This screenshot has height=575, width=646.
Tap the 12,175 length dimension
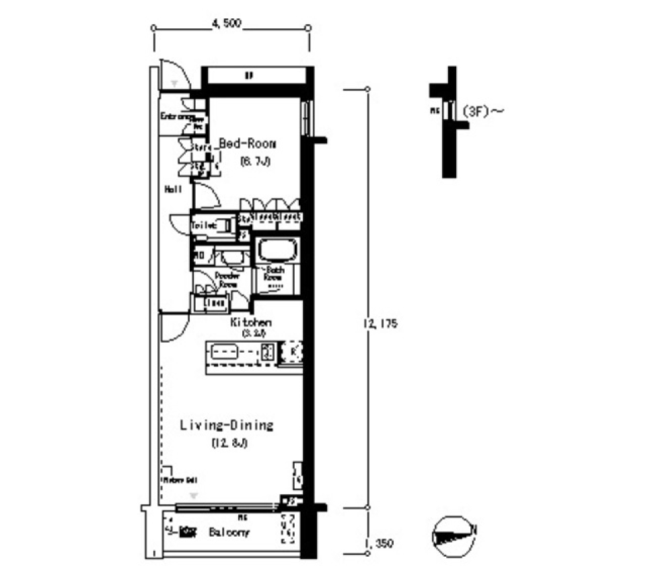(382, 324)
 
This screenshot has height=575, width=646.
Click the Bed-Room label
(248, 144)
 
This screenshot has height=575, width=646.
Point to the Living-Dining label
(226, 426)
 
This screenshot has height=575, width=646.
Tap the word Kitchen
(250, 323)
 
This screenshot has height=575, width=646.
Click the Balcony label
(228, 533)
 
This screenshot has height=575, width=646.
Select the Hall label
(173, 190)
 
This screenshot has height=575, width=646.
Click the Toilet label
(204, 226)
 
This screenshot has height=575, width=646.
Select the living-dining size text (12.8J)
(226, 443)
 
